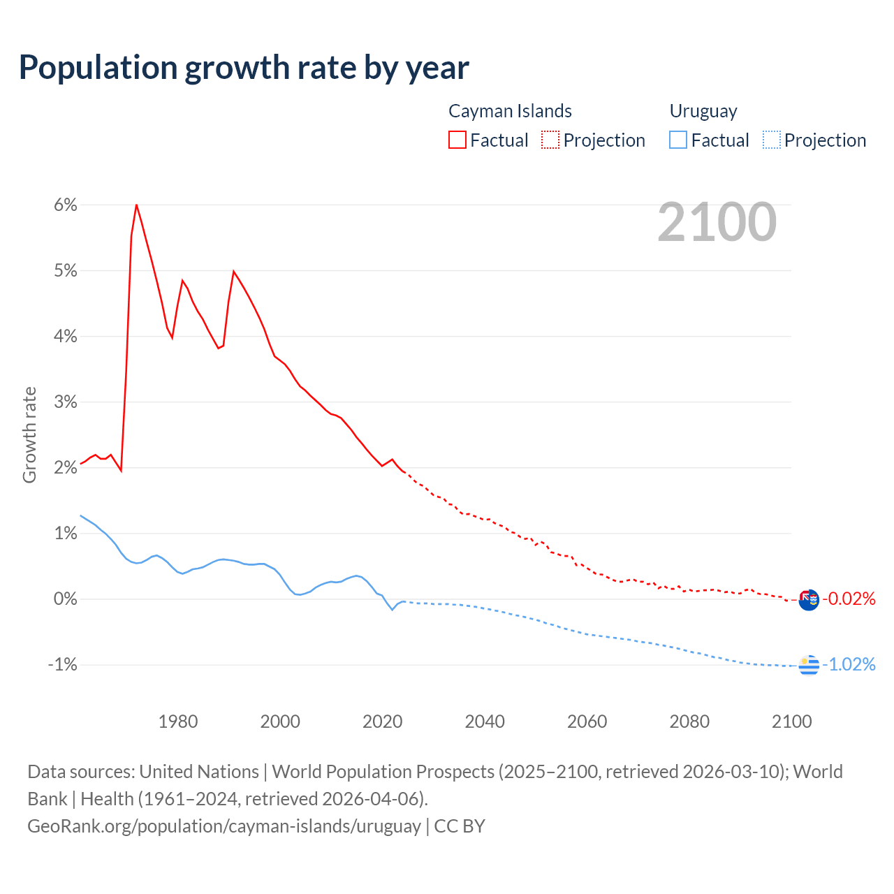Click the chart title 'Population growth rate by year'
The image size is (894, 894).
(x=244, y=68)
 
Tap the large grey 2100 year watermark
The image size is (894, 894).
(x=717, y=222)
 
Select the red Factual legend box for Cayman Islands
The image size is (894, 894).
(x=457, y=140)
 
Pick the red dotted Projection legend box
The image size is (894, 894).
(x=550, y=140)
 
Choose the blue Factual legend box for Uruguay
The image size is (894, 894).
(x=678, y=140)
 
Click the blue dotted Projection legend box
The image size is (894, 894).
(x=772, y=140)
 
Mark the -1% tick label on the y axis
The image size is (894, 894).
(x=62, y=664)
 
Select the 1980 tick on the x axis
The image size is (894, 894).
(x=178, y=721)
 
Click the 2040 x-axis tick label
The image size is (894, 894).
(x=485, y=721)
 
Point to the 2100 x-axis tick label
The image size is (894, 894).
(x=791, y=721)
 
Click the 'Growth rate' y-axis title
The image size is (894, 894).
(x=29, y=434)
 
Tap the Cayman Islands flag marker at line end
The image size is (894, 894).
(x=809, y=600)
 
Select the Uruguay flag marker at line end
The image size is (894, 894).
(x=809, y=666)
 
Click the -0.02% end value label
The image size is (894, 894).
(x=849, y=599)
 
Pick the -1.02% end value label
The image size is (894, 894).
(x=849, y=664)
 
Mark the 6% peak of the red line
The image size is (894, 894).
(x=136, y=205)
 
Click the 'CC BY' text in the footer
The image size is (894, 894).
(x=460, y=826)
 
